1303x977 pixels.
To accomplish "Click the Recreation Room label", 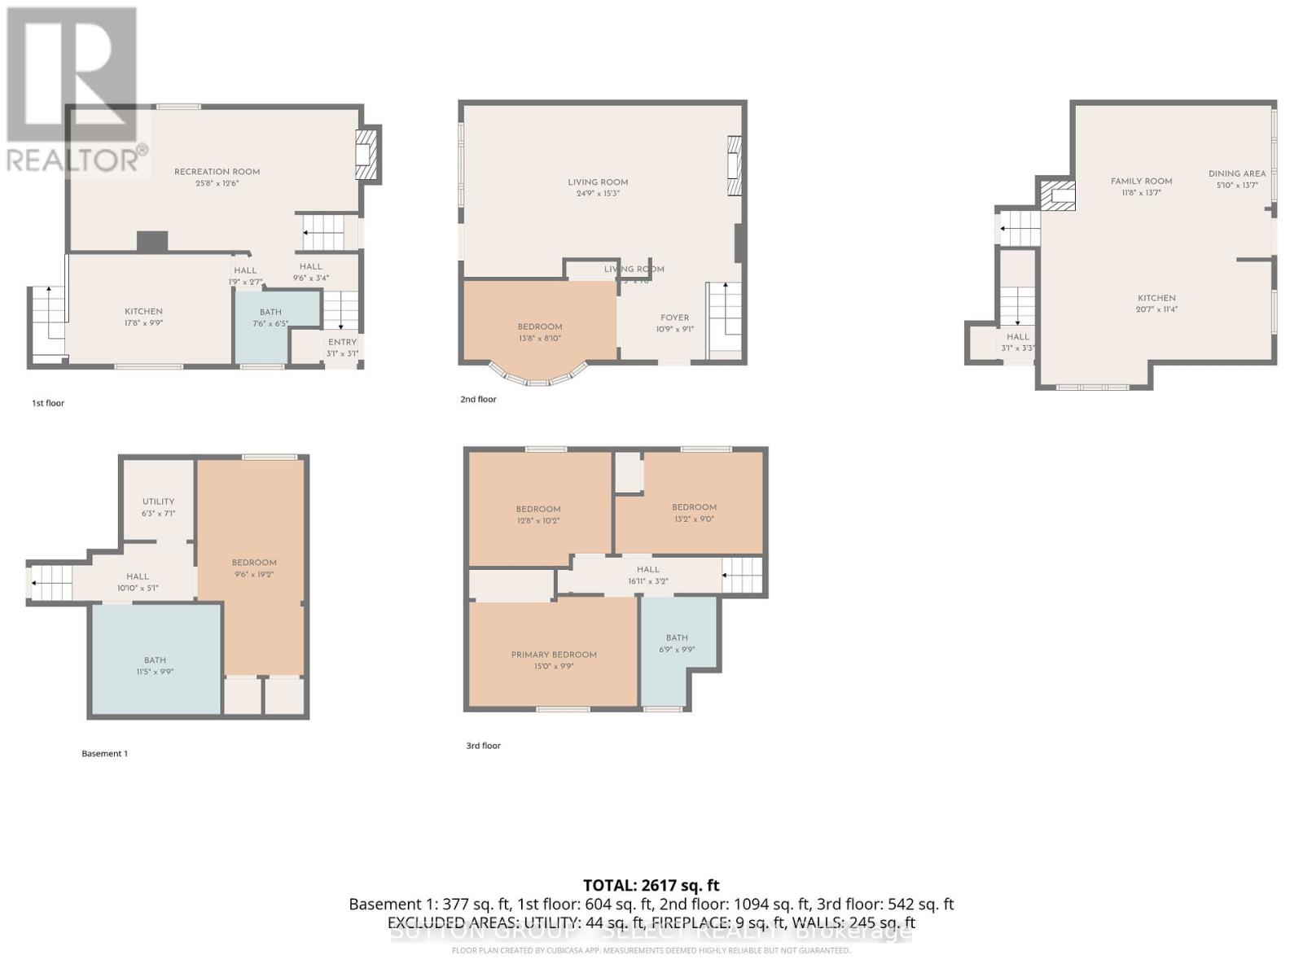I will coord(217,172).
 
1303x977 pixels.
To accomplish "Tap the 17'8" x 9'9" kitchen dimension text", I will coord(143,322).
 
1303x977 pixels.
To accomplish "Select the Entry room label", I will coord(342,342).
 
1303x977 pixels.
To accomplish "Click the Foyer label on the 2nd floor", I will coord(674,318).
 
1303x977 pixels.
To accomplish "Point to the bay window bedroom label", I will coord(539,327).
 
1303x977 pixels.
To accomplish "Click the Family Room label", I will coord(1141,182).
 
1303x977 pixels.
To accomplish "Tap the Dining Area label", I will coord(1236,173).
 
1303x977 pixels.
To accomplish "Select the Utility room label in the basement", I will coord(158,502).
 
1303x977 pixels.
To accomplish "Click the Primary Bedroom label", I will coord(554,655).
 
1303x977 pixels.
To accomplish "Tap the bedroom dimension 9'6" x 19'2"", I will coord(254,574).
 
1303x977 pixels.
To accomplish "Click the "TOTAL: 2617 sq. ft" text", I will coord(651,885).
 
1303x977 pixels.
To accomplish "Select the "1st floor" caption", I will coord(48,403).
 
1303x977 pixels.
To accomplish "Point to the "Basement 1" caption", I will coord(104,754).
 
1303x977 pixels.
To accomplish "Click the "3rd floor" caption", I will coord(483,746).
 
